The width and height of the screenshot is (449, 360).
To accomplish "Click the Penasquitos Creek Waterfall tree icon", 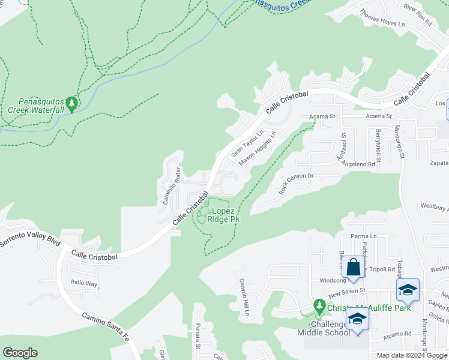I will [x=72, y=105].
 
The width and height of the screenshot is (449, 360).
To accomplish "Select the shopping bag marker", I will [x=354, y=265].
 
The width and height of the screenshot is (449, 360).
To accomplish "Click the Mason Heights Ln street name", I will [x=258, y=149].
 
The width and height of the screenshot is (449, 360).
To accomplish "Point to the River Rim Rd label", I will [x=418, y=14].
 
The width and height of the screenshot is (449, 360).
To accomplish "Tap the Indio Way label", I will [x=83, y=283].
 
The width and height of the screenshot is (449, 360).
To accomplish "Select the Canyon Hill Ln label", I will [x=244, y=298].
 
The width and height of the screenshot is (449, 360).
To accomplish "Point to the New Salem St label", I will [x=347, y=290].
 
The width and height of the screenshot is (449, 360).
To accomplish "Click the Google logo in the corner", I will [x=20, y=353].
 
